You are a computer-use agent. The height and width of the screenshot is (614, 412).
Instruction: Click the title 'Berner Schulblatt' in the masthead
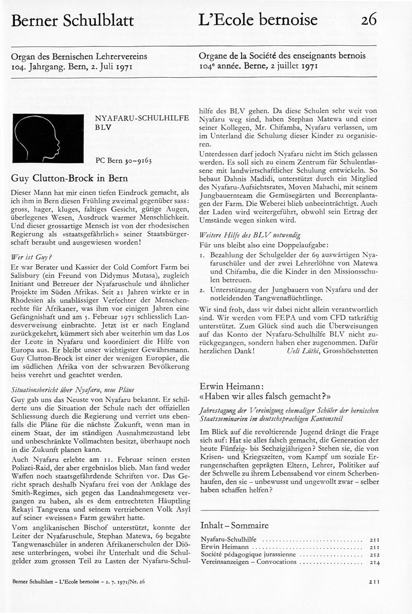72,21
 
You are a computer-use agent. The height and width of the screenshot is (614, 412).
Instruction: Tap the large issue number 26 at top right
369,20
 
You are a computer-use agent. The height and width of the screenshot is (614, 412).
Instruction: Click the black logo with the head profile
48,138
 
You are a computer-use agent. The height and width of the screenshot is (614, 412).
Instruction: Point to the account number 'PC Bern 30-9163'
124,160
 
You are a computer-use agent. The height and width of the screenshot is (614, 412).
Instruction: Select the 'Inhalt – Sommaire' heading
234,525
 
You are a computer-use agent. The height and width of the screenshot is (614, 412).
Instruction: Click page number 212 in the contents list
374,554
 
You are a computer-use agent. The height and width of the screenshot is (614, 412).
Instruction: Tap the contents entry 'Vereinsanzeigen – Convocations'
248,561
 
